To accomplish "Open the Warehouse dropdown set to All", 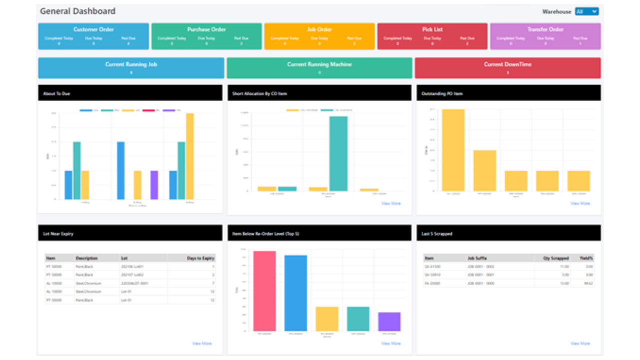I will click(x=586, y=11).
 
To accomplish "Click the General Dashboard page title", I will click(x=77, y=11).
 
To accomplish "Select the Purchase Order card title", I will click(x=206, y=29).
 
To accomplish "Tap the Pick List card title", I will click(x=432, y=29).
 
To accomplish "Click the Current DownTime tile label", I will click(x=507, y=64).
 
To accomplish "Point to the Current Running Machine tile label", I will click(x=319, y=64).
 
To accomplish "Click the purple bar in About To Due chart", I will click(x=154, y=185).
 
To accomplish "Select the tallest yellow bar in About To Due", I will click(x=189, y=156).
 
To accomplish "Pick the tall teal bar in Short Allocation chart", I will click(x=338, y=153).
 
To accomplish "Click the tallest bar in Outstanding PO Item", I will click(x=453, y=150).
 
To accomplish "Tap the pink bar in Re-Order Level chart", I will click(x=264, y=291).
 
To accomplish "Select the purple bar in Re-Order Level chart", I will click(x=389, y=321).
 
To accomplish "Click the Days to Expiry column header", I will click(x=201, y=258).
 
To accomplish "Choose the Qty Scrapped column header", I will click(x=555, y=258).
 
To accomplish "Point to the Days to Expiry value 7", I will click(x=213, y=283).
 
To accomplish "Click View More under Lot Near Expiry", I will click(x=201, y=343).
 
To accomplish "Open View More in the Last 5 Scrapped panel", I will click(x=580, y=343).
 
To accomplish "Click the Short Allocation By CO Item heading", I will click(x=259, y=93).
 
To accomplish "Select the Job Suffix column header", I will click(x=478, y=258).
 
